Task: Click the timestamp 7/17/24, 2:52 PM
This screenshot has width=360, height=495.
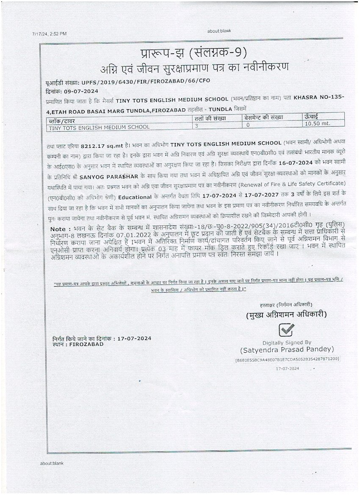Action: pyautogui.click(x=49, y=33)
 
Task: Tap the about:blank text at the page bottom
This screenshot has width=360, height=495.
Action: pyautogui.click(x=52, y=464)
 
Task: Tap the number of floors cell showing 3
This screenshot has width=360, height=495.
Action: pyautogui.click(x=197, y=126)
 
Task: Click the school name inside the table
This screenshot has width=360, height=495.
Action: pyautogui.click(x=99, y=127)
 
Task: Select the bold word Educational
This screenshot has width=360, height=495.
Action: pyautogui.click(x=135, y=197)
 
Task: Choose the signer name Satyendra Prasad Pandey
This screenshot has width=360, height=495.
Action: pyautogui.click(x=287, y=350)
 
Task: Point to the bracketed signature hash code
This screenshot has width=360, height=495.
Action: pyautogui.click(x=287, y=359)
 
